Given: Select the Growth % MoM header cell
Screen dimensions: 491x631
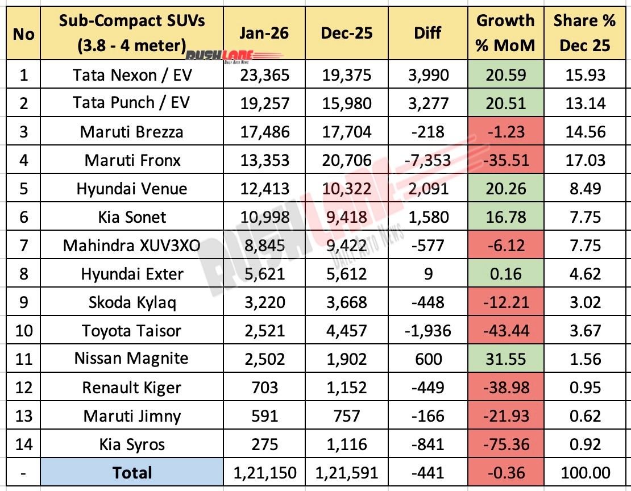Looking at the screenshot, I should [x=505, y=32].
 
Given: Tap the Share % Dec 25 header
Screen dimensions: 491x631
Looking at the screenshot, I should [x=584, y=32].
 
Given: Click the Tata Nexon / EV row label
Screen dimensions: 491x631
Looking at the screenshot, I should [x=132, y=75].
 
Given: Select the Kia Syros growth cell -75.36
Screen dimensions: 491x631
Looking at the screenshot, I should [x=505, y=444].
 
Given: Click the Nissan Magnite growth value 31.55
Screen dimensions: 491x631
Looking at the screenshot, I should [x=505, y=359].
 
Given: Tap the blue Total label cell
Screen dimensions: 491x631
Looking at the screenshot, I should [x=132, y=473].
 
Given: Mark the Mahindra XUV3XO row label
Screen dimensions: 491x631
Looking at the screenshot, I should [x=132, y=246].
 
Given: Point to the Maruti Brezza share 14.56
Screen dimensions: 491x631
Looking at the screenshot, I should [x=584, y=132].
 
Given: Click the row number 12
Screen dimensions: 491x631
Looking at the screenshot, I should [x=23, y=388].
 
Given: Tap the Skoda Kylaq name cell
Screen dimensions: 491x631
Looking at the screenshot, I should [x=132, y=302].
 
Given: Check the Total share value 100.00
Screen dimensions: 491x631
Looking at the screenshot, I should [x=584, y=473].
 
